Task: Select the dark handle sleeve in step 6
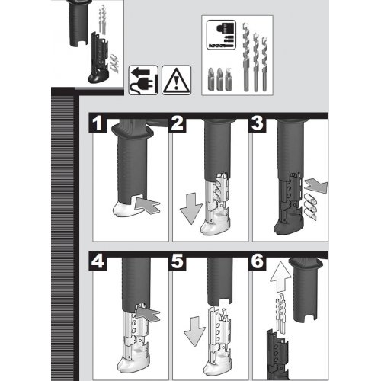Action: [x=308, y=290]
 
